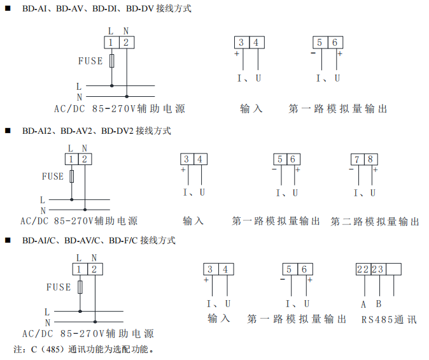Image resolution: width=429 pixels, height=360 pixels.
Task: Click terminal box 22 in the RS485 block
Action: click(363, 270)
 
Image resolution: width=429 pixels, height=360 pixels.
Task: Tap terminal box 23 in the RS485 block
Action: click(378, 270)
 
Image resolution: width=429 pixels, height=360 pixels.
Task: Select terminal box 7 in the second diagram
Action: click(357, 159)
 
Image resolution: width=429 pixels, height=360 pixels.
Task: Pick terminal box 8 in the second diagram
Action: click(370, 159)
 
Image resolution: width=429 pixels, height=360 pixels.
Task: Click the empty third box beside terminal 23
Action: click(394, 270)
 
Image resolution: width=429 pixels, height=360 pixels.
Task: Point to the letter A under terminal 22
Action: click(363, 305)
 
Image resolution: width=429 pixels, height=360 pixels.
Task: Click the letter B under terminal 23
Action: click(379, 304)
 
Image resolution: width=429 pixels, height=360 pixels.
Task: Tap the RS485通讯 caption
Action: click(389, 319)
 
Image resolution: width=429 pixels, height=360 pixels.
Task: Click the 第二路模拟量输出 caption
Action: click(375, 221)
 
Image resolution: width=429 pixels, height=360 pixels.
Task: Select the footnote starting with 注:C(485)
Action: click(84, 349)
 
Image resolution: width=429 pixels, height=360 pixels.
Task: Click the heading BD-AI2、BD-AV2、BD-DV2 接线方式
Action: click(97, 131)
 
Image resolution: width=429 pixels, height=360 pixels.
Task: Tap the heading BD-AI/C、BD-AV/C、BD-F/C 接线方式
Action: click(99, 240)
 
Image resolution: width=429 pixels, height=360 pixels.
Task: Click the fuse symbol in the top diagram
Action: click(111, 61)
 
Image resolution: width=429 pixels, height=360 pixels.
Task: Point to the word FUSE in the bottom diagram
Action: click(59, 287)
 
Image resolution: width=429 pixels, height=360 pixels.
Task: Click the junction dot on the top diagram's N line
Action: click(127, 96)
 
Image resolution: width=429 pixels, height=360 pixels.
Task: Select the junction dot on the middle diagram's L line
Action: click(72, 199)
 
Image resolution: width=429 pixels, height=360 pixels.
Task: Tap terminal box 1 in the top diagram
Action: click(111, 43)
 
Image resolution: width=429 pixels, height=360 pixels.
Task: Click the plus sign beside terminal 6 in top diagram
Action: click(340, 54)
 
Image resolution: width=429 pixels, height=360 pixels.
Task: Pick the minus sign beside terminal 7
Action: click(351, 169)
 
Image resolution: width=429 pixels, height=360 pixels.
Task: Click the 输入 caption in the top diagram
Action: click(251, 109)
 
